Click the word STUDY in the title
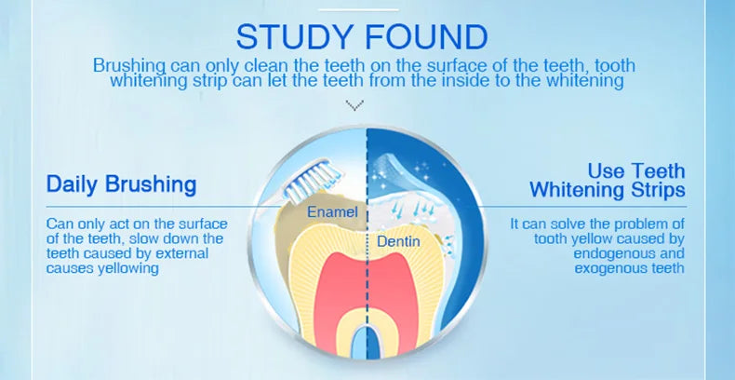[296, 37]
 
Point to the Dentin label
[399, 242]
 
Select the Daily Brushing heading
[121, 183]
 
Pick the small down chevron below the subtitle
[354, 106]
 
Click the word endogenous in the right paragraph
[628, 253]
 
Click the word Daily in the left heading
[73, 183]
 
